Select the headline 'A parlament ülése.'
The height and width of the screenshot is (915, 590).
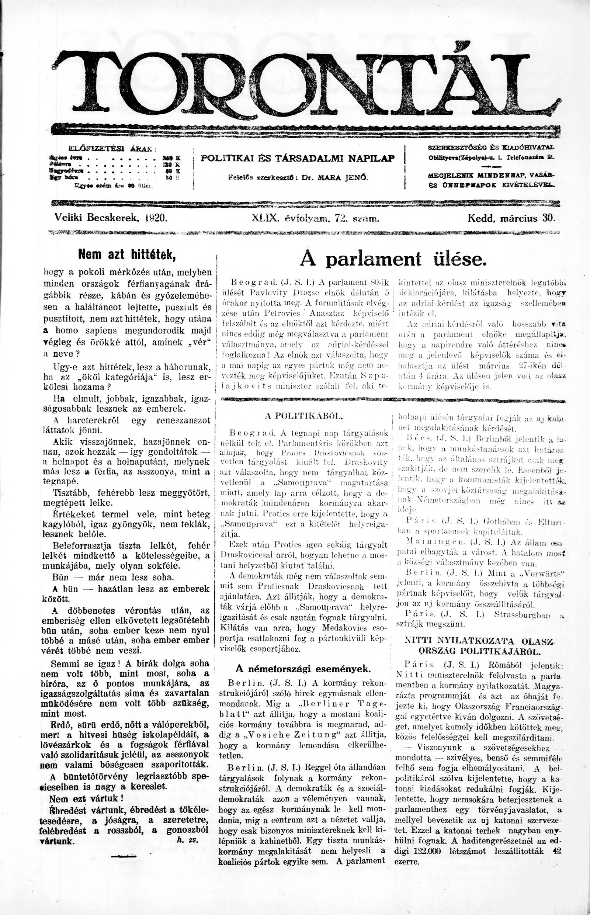[x=393, y=259]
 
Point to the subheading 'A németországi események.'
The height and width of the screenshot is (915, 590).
[x=303, y=669]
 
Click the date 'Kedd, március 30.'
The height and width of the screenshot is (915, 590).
[x=511, y=218]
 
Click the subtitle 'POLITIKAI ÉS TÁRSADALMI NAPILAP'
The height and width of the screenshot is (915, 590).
[x=298, y=158]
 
